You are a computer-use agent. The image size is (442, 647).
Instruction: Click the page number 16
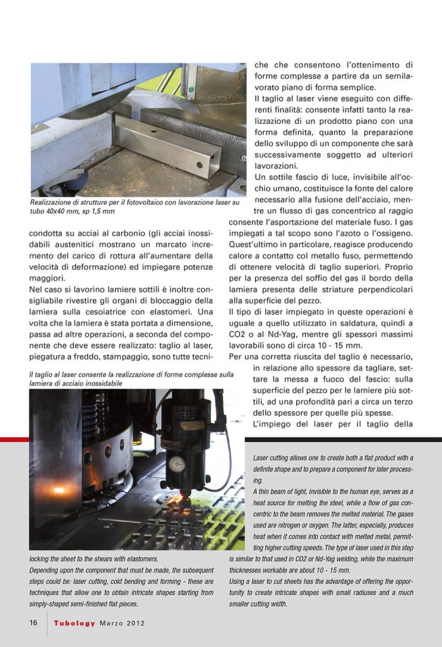(x=33, y=622)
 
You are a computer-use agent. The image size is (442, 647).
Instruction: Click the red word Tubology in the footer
(x=75, y=623)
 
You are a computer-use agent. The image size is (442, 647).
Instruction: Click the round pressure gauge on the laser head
(x=177, y=464)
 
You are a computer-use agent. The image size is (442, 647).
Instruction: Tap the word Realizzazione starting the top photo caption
(x=52, y=203)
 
